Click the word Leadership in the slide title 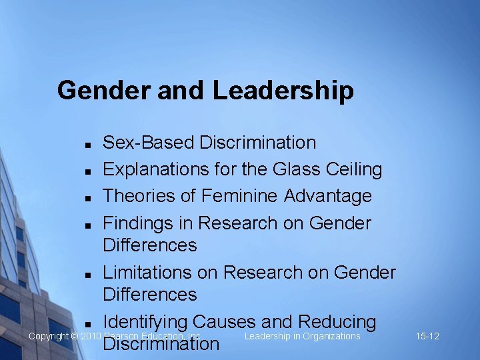tap(284, 91)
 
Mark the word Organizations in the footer tap(331, 336)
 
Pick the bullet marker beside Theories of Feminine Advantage tap(87, 198)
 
